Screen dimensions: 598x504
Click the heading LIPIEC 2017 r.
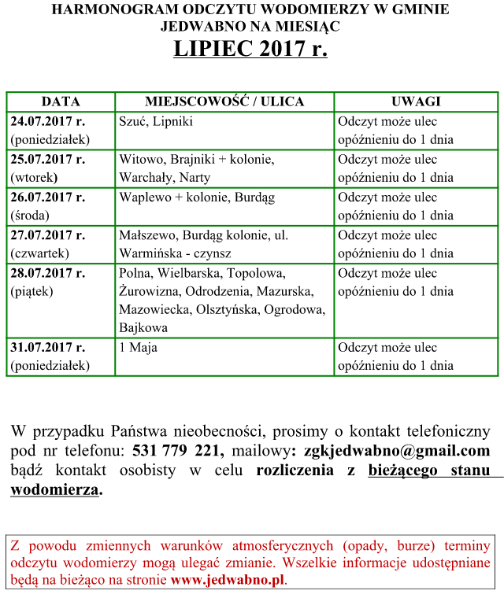[250, 49]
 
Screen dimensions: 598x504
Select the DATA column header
[61, 102]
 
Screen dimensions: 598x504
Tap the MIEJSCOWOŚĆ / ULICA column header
[224, 102]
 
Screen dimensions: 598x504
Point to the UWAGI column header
[416, 102]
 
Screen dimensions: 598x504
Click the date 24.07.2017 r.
[48, 122]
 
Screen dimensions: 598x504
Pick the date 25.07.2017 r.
[48, 160]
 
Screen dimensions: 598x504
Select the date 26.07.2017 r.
[48, 197]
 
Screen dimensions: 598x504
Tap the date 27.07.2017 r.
[48, 235]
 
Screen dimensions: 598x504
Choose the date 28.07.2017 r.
[48, 273]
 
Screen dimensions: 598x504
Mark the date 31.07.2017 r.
[48, 348]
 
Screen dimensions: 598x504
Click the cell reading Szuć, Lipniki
[156, 122]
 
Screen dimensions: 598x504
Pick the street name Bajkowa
[143, 328]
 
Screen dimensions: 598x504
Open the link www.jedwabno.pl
[227, 581]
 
